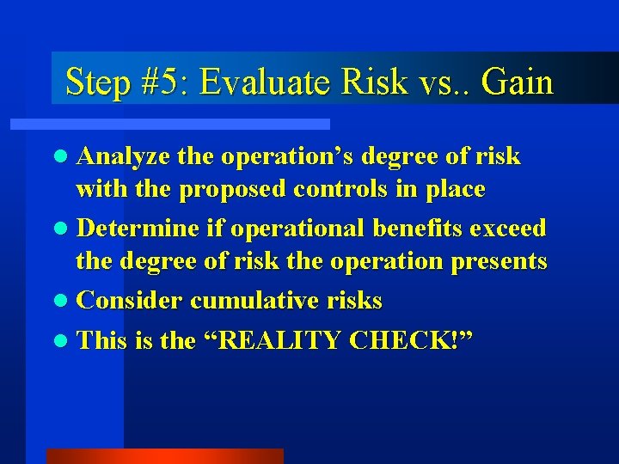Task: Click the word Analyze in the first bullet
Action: (123, 156)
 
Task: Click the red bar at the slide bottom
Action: (164, 456)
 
